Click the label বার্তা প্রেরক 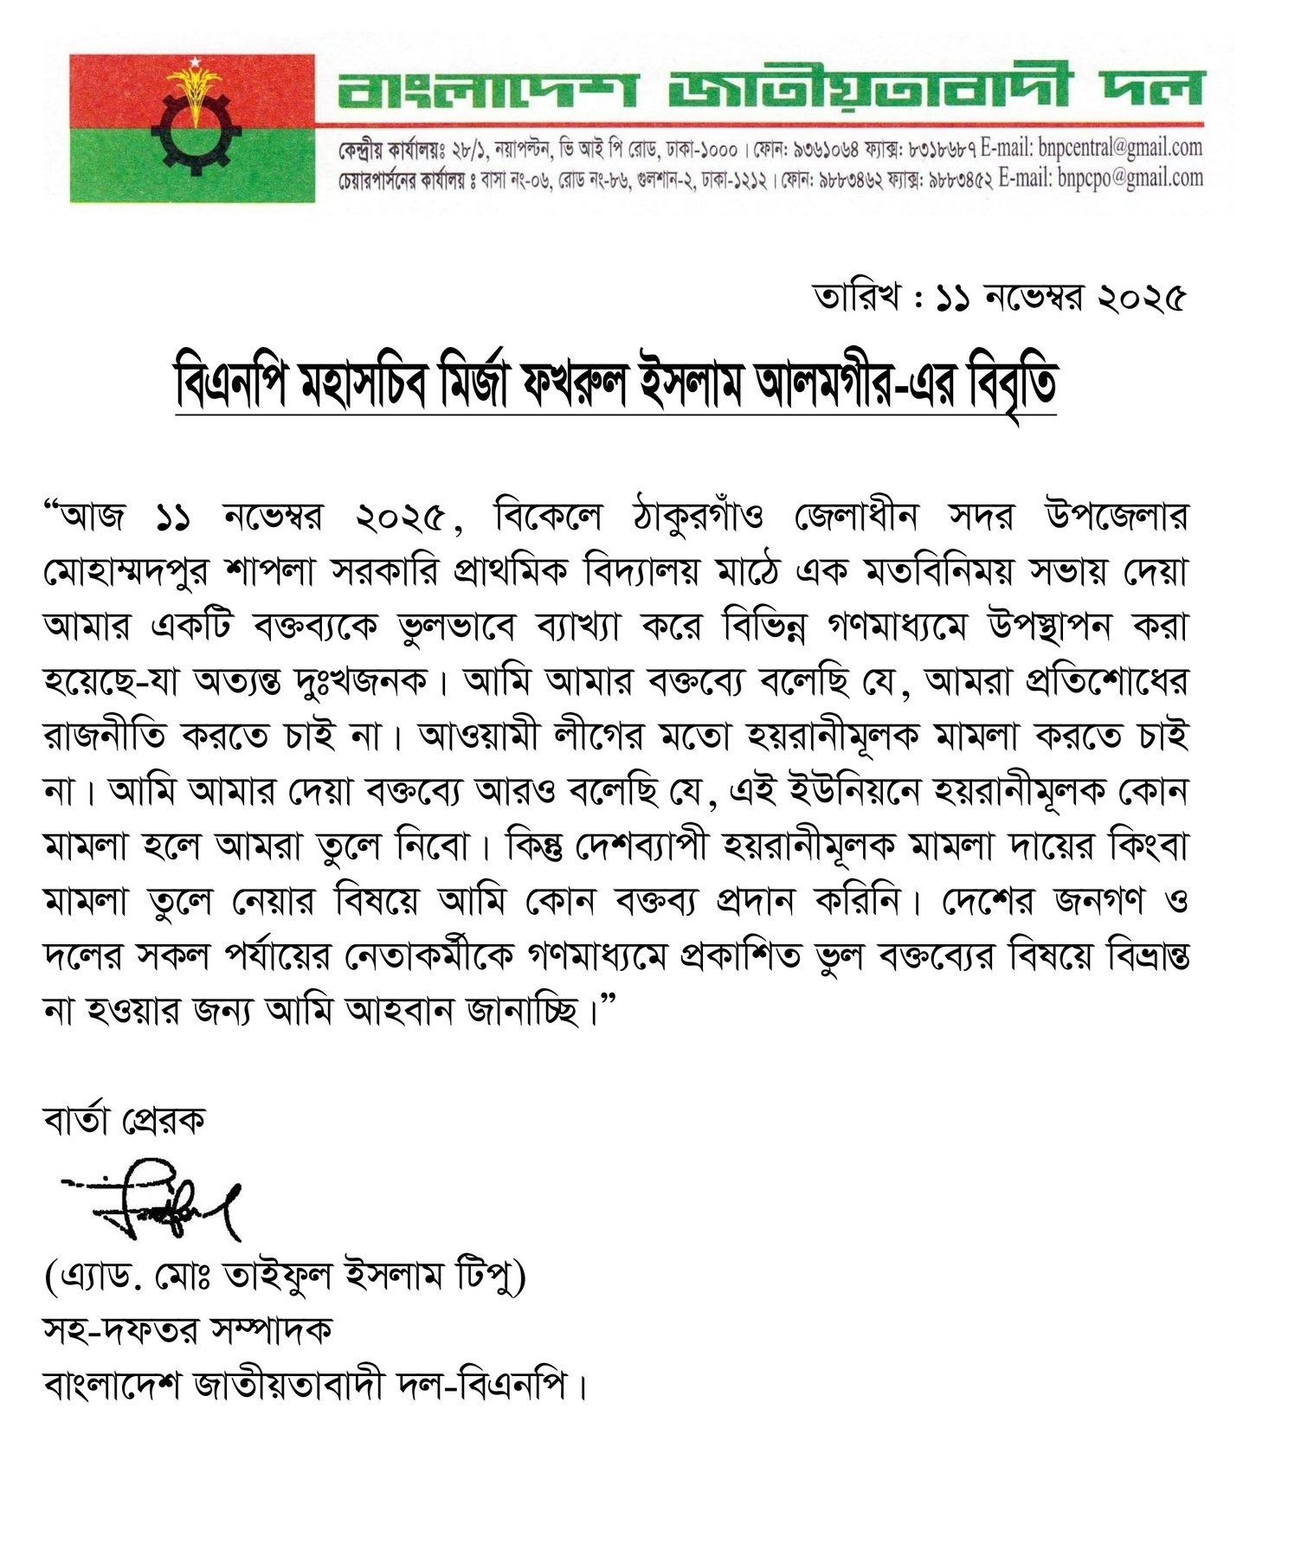tap(124, 1120)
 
